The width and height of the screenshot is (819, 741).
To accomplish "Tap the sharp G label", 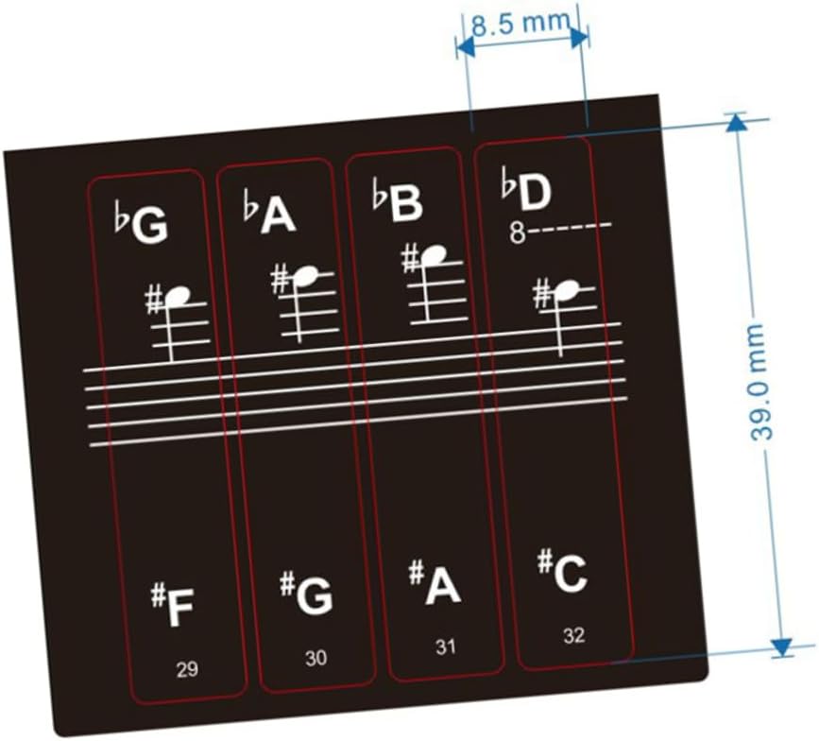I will pos(307,594).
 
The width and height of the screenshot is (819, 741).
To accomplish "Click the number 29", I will pos(187,670).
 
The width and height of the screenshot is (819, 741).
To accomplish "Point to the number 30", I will pos(316,659).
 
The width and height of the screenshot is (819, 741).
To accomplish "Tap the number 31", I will pos(445,647).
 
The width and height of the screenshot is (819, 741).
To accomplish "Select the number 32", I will pos(573,635).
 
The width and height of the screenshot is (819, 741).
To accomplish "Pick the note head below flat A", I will pos(305,275).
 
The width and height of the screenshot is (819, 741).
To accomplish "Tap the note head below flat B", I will pos(434,254).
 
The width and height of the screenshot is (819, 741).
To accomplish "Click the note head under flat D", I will pos(567,289).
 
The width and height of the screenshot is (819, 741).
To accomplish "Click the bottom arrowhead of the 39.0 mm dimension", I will pos(781,646).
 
